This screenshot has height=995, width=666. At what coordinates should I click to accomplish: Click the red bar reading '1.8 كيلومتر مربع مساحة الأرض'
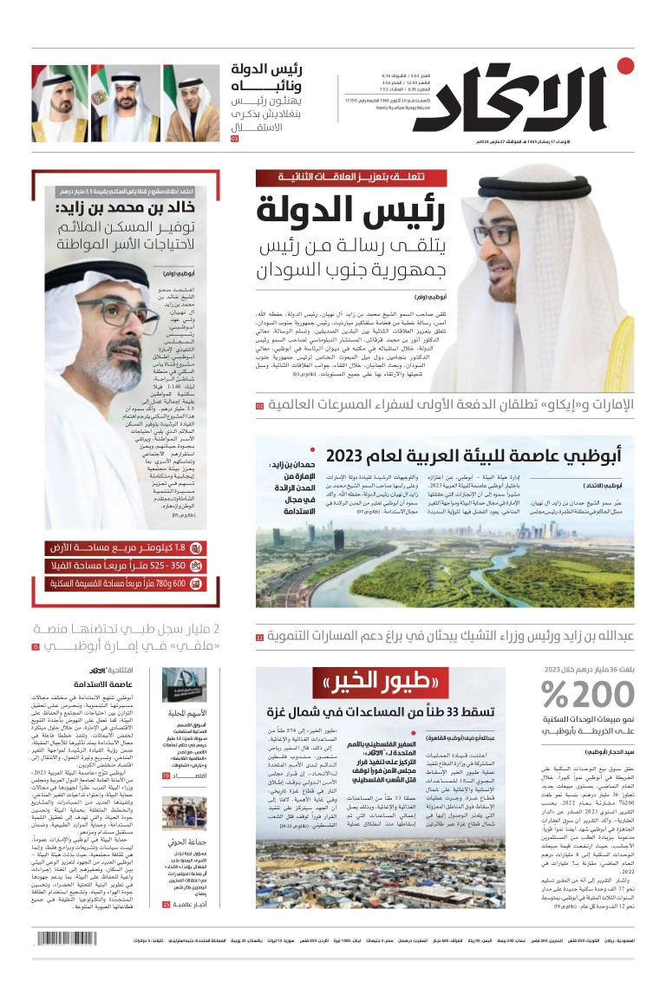(x=126, y=548)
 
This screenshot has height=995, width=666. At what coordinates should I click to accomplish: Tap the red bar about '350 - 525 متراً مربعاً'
(x=126, y=566)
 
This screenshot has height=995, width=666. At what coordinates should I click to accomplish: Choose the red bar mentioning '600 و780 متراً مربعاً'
(x=126, y=583)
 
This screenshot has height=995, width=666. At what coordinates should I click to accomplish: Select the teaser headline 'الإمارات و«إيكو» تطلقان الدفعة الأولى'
(x=451, y=405)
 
